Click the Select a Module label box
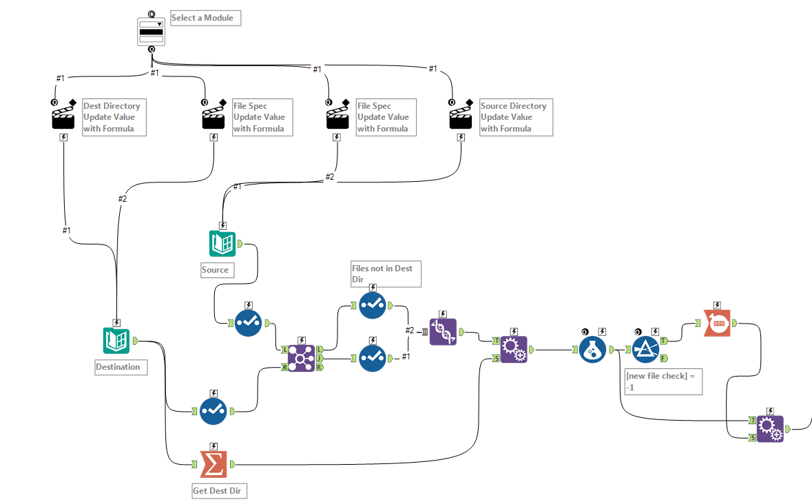tap(205, 18)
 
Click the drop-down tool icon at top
tap(151, 32)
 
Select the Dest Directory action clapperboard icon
tap(63, 117)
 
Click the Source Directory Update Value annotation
tap(516, 117)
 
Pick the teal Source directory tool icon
tap(222, 244)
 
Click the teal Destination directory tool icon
tap(116, 340)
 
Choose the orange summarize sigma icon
tap(214, 463)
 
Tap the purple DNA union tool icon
tap(442, 332)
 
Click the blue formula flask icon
tap(592, 350)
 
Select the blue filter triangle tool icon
tap(646, 350)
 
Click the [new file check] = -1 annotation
tap(663, 381)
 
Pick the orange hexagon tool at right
tap(717, 322)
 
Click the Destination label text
tap(118, 367)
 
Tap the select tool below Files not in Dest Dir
tap(373, 358)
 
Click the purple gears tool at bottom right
tap(770, 428)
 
